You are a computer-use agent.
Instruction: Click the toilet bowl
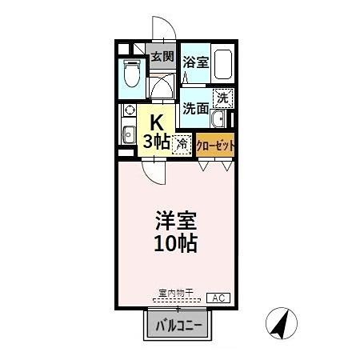pyautogui.click(x=133, y=78)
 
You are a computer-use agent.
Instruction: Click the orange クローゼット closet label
pyautogui.click(x=214, y=146)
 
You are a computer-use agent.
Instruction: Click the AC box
pyautogui.click(x=218, y=298)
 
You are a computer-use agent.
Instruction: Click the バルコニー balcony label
pyautogui.click(x=178, y=325)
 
